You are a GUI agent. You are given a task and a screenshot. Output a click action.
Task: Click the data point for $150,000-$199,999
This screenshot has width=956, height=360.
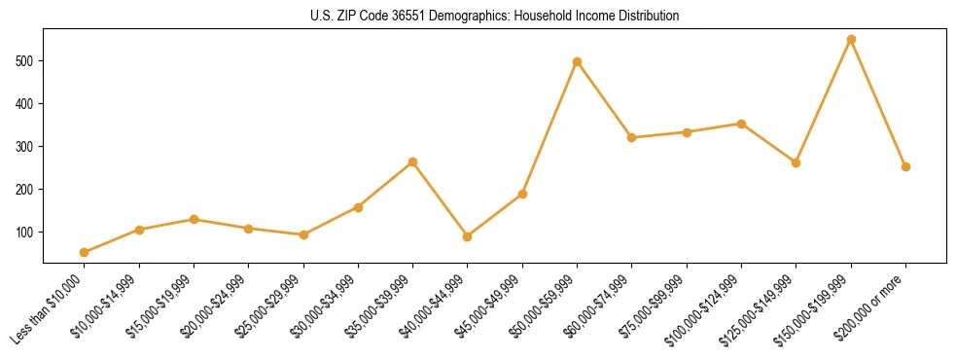pos(851,40)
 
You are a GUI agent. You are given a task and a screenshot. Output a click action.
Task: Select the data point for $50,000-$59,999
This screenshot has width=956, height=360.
pos(578,61)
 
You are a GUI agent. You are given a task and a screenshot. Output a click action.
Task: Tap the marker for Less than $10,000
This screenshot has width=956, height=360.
pos(85,252)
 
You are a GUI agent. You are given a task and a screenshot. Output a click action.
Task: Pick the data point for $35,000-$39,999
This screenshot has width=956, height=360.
pos(413,162)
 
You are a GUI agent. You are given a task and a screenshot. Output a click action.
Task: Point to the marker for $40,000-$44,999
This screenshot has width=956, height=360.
pos(468,236)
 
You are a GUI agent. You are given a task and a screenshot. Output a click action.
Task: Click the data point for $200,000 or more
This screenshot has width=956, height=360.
pos(905,166)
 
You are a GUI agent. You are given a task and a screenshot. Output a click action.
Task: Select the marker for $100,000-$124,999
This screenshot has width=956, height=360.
pos(741,124)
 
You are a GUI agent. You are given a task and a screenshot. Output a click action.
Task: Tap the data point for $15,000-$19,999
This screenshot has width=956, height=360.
pos(195,219)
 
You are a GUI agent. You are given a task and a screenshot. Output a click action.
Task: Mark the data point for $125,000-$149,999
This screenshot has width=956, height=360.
pos(797,162)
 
